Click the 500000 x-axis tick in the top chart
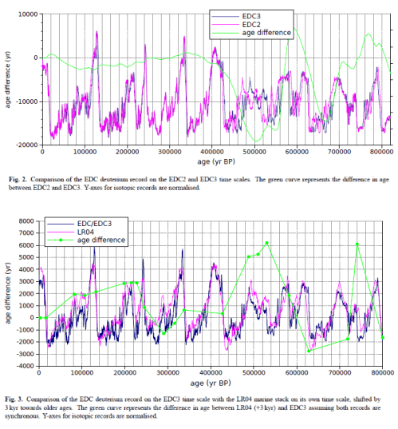point(254,152)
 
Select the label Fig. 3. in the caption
point(20,396)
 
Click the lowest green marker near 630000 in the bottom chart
point(309,351)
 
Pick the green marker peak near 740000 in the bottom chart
point(357,244)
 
